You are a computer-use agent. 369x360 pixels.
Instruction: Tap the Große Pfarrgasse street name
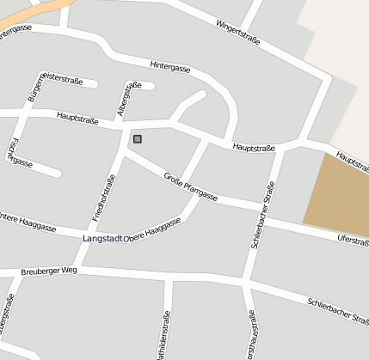point(190,186)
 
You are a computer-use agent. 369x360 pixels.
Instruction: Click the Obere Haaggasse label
point(153,228)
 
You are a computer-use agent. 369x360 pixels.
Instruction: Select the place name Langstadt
point(102,237)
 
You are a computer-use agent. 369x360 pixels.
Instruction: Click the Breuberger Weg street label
point(50,270)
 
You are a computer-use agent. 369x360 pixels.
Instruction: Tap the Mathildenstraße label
point(165,337)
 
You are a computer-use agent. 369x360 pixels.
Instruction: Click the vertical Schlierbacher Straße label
point(263,215)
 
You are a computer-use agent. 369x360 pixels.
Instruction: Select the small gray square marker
point(138,138)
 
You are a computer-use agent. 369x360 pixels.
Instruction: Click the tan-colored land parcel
point(338,193)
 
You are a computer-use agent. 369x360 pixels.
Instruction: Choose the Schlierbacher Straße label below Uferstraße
point(338,310)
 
